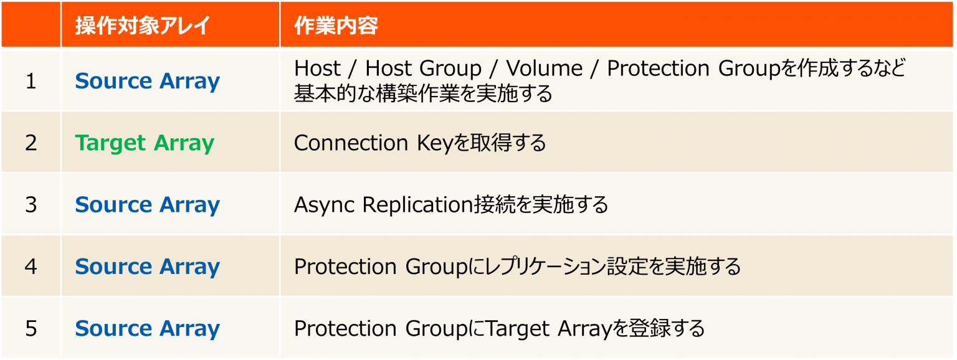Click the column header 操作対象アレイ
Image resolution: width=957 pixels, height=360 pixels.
tap(142, 26)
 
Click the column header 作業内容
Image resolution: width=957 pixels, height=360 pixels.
tap(336, 26)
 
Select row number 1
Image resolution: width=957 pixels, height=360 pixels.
tap(31, 81)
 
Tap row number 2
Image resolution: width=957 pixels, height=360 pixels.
tap(31, 143)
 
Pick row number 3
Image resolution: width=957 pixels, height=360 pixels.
tap(31, 204)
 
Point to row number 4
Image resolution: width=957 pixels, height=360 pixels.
tap(31, 266)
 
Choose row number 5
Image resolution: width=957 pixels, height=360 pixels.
tap(31, 328)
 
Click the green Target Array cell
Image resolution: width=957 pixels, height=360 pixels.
tap(145, 143)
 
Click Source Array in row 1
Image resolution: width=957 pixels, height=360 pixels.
tap(147, 81)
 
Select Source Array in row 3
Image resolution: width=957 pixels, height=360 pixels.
tap(147, 204)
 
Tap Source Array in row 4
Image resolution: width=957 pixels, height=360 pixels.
tap(147, 266)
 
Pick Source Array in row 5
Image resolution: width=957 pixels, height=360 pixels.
tap(147, 328)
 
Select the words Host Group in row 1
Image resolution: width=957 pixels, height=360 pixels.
tap(424, 68)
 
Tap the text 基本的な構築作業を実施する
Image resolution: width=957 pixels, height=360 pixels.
tap(423, 94)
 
